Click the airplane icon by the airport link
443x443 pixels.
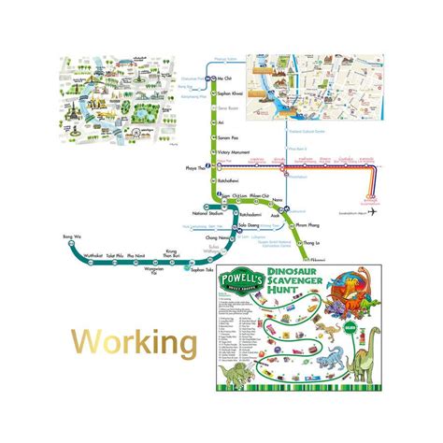pyautogui.click(x=373, y=212)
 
